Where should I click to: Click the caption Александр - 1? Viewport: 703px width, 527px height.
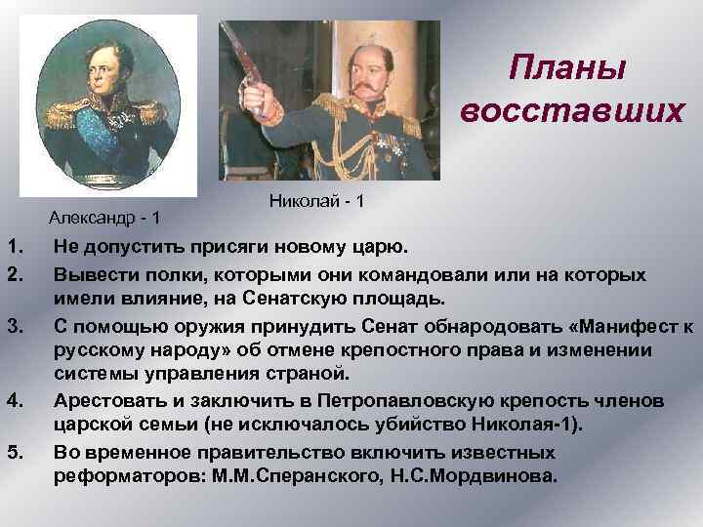click(x=106, y=215)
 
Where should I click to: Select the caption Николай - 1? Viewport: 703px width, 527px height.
click(x=315, y=200)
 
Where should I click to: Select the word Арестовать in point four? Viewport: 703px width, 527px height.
click(x=109, y=401)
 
